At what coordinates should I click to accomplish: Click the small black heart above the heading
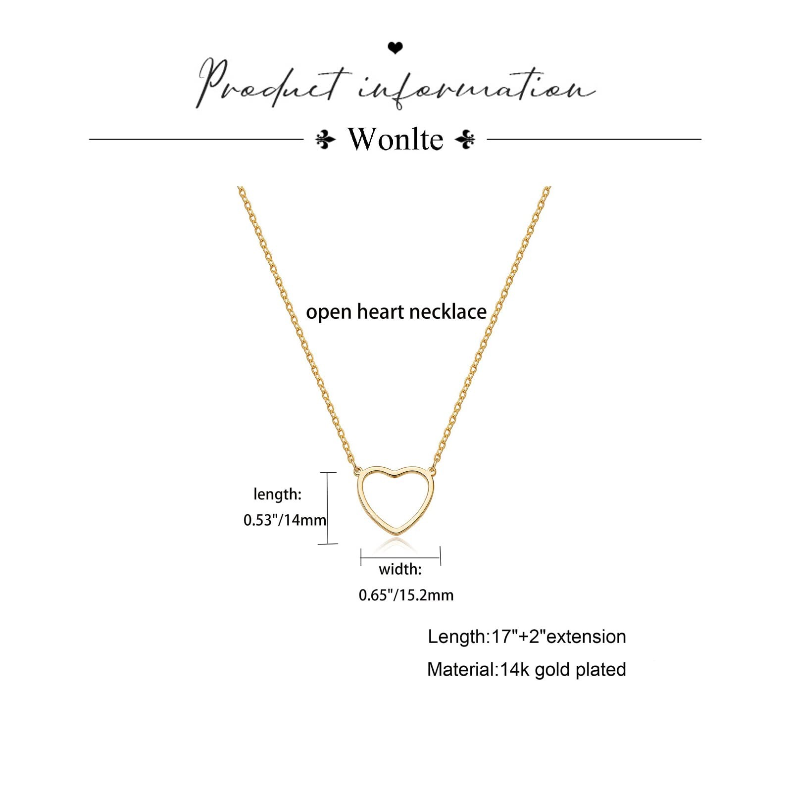395,48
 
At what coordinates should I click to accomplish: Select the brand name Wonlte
395,139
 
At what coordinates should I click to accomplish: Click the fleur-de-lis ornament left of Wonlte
325,140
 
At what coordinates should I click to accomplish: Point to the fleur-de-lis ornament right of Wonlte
465,140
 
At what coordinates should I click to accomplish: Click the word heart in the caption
380,311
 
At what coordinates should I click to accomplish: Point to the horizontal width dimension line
400,557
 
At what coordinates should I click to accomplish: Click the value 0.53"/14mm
285,520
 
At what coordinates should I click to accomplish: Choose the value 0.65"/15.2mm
406,595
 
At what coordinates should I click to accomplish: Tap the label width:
400,569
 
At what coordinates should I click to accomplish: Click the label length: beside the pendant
277,494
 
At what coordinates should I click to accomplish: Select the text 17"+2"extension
558,637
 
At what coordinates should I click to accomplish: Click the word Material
461,670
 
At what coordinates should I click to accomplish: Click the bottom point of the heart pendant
396,532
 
